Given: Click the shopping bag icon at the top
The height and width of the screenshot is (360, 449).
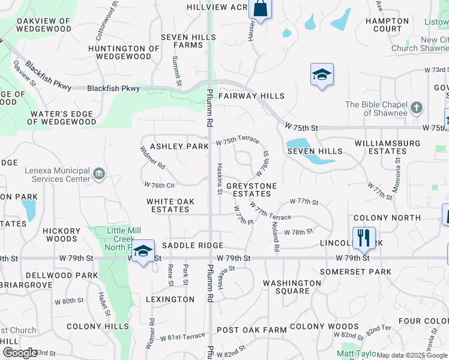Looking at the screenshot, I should (261, 9).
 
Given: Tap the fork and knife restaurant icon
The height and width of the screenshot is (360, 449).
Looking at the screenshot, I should (364, 238).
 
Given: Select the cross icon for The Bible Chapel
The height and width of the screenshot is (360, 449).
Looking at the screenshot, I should (417, 109).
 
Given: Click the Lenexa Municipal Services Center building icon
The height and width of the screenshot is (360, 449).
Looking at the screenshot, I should (99, 175).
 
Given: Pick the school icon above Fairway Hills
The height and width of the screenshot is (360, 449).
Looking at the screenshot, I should (322, 74).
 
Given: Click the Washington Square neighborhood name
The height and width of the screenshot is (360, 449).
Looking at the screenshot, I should (292, 287).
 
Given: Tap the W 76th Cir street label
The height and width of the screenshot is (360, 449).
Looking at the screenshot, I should (160, 185).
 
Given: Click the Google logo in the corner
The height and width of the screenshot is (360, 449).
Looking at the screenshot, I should (19, 353).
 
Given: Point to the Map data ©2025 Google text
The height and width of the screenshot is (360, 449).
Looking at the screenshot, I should (412, 355).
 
